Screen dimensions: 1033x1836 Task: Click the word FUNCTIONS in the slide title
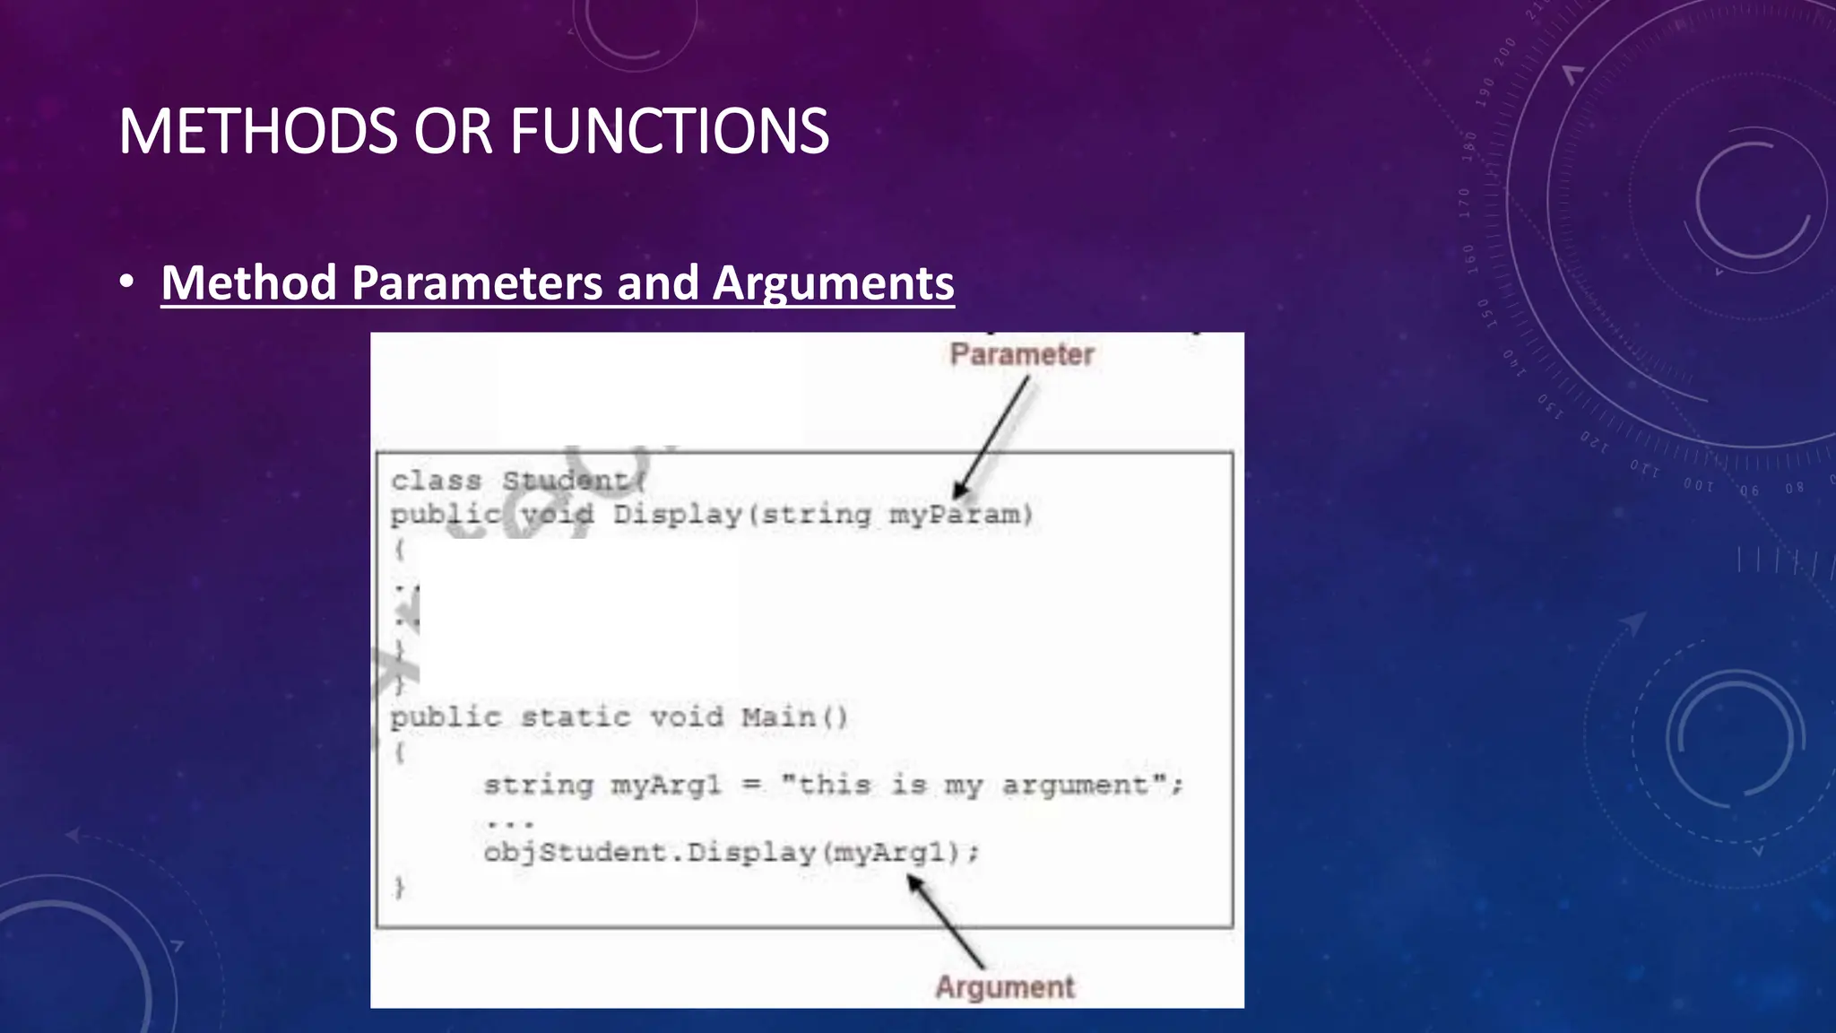[669, 132]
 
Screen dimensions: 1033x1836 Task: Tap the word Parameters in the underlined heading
[477, 282]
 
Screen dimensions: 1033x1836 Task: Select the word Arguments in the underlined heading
[833, 282]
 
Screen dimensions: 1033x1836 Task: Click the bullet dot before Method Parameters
[128, 282]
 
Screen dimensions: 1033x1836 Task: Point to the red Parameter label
[1021, 354]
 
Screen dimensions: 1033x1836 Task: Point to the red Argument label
[1004, 986]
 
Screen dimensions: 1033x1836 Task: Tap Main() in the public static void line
[794, 717]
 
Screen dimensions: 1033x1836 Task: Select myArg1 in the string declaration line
[666, 786]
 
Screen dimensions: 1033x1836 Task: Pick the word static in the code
[576, 717]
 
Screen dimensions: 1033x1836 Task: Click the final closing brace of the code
[400, 888]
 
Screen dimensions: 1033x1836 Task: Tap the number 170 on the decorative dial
[1464, 204]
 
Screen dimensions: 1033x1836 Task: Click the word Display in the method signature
[678, 515]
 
